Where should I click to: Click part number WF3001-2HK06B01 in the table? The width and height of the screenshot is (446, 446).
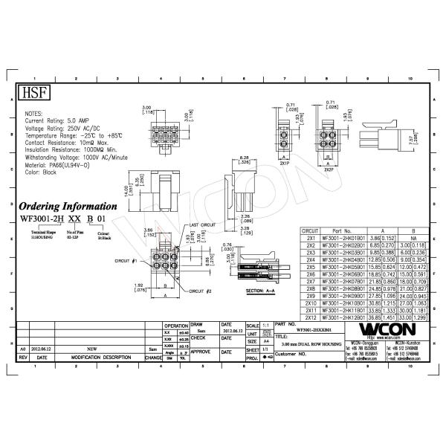pyautogui.click(x=342, y=274)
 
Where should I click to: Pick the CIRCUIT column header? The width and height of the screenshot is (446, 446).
pyautogui.click(x=310, y=231)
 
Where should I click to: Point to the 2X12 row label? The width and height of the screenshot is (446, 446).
pyautogui.click(x=311, y=317)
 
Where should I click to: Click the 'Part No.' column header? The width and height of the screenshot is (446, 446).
pyautogui.click(x=342, y=231)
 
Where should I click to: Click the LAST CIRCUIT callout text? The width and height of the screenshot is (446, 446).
pyautogui.click(x=202, y=224)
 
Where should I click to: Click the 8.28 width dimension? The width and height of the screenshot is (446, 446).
pyautogui.click(x=244, y=158)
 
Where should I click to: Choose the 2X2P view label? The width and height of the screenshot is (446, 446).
pyautogui.click(x=328, y=170)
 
